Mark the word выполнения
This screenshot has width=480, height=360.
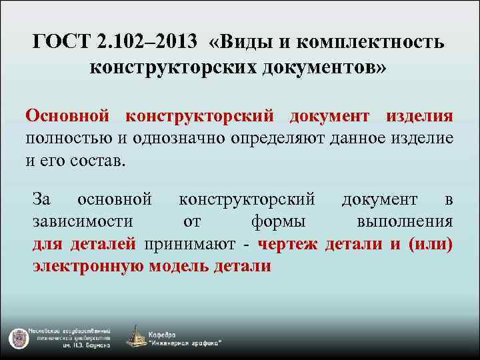pos(405,221)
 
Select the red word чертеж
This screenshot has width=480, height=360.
pos(287,244)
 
